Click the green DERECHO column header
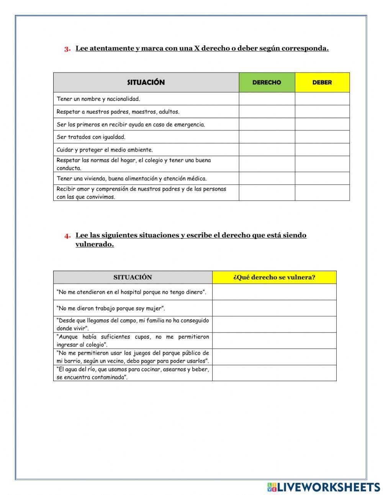(267, 82)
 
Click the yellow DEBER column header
(322, 82)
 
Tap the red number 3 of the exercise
(67, 49)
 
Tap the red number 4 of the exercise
(67, 236)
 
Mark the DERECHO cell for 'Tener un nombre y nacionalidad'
(267, 99)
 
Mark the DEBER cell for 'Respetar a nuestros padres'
(322, 112)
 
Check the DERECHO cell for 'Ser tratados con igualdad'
(267, 137)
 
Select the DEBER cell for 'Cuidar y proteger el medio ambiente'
(322, 150)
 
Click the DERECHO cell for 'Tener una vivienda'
(267, 178)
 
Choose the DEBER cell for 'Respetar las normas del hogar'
(322, 164)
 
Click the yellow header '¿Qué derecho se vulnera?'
(274, 277)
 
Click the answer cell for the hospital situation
(274, 292)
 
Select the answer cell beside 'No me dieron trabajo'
(274, 308)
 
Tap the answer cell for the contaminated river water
(274, 373)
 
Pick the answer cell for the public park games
(274, 357)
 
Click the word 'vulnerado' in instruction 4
(95, 245)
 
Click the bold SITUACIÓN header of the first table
(146, 82)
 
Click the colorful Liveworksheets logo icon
(272, 487)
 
